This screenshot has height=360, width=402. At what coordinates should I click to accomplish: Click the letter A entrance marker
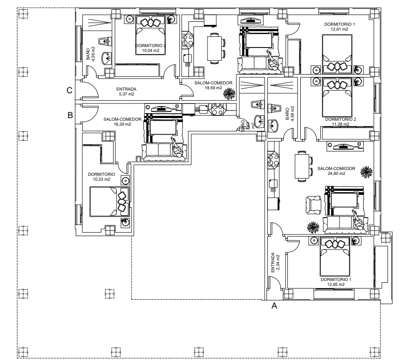point(274,305)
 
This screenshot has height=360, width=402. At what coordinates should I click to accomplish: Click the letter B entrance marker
point(70,115)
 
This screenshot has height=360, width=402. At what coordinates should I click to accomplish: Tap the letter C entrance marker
point(70,91)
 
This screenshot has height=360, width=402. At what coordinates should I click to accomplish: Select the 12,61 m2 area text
point(339,29)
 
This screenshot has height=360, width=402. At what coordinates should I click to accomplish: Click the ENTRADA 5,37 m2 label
point(126,91)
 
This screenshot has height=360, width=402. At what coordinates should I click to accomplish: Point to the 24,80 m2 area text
point(336,174)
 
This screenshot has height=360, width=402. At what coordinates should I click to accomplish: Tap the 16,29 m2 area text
point(122,124)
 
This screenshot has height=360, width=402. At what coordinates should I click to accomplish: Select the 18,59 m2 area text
point(213,88)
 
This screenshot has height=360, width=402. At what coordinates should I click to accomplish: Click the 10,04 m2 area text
point(151,51)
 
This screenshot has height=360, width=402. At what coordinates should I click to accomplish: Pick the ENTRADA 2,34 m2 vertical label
point(276,262)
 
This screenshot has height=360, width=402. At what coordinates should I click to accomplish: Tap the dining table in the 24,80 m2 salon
point(302,166)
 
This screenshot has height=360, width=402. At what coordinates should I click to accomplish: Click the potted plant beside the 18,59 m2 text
point(229,93)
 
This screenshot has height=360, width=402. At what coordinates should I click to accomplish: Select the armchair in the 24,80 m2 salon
point(314,205)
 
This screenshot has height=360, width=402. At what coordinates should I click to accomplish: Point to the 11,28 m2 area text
point(340,125)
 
